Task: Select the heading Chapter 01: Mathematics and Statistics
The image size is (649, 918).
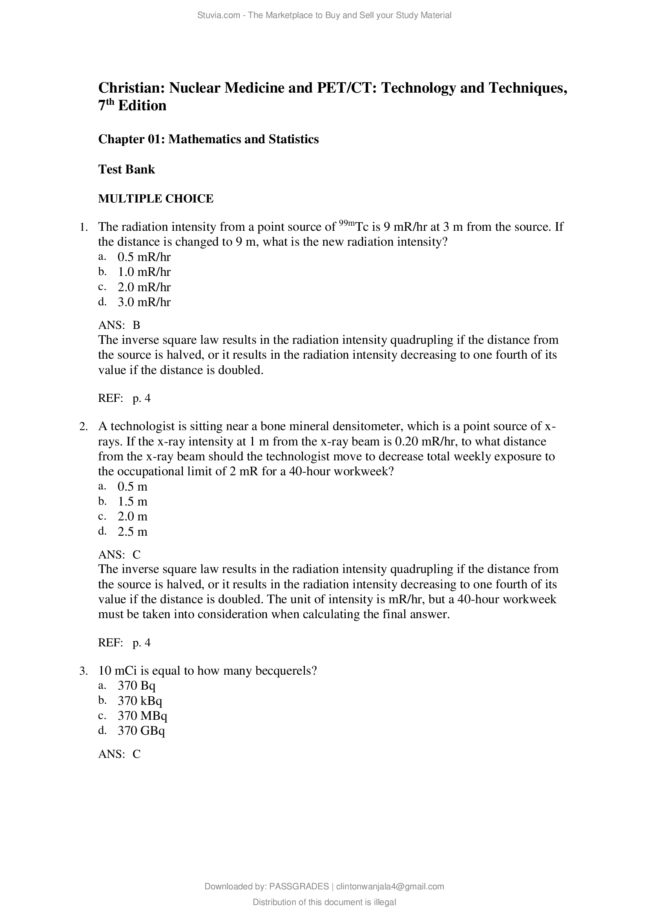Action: [208, 139]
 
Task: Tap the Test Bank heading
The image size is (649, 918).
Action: [126, 170]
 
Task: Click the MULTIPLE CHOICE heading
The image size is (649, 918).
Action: [156, 199]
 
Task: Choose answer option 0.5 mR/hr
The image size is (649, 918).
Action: [144, 257]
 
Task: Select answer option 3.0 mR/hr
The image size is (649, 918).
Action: [144, 302]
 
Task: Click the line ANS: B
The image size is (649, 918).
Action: [119, 325]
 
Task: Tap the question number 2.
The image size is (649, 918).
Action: [83, 427]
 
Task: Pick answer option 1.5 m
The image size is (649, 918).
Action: [132, 501]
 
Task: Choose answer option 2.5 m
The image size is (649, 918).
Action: [132, 532]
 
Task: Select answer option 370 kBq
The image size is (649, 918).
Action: [140, 701]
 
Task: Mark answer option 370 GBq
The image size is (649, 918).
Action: [141, 731]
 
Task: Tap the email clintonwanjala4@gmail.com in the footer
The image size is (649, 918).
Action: [390, 887]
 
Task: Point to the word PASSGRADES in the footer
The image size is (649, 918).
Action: [299, 887]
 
